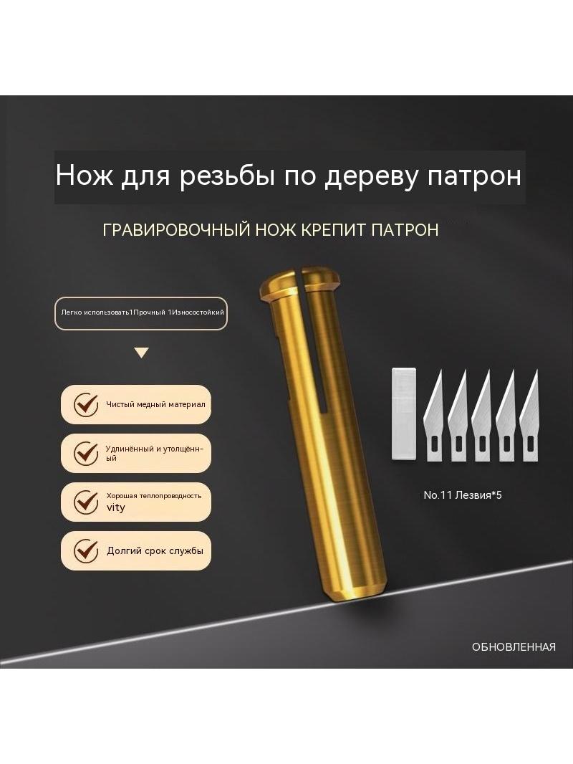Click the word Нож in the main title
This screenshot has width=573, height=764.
[85, 176]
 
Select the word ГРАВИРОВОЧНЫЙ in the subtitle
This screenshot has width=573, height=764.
[176, 229]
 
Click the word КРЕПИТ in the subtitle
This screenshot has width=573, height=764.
[334, 229]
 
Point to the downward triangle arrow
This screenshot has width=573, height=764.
[142, 353]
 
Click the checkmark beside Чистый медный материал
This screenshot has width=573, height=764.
[86, 404]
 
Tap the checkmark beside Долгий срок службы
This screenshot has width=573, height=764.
[86, 550]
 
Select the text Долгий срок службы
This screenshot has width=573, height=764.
[155, 551]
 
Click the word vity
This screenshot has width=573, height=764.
[116, 507]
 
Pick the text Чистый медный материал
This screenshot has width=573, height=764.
[156, 404]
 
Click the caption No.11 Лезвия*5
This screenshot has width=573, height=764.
[463, 495]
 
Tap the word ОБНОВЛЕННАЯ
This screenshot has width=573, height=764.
[514, 647]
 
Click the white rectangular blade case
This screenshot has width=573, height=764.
[404, 414]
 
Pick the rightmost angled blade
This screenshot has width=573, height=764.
[529, 416]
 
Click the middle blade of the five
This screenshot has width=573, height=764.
[481, 416]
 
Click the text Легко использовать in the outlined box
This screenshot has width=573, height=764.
[95, 312]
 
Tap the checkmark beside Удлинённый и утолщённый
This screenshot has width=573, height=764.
[86, 453]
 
